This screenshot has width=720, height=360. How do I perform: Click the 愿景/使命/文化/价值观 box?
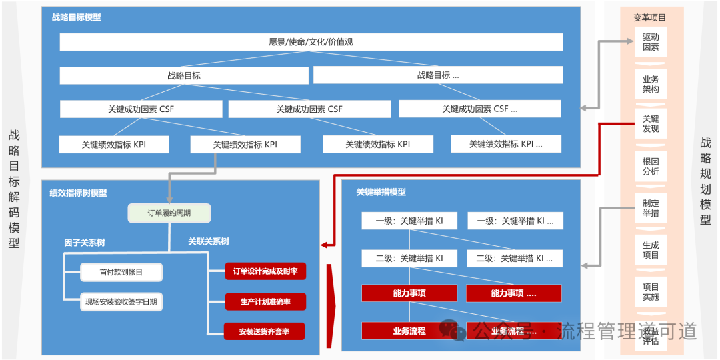click(311, 42)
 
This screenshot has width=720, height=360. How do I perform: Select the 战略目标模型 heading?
click(77, 17)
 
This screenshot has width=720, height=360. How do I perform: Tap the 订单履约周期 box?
click(169, 213)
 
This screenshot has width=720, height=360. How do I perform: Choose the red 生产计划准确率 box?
click(265, 301)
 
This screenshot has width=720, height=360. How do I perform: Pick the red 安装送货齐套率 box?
click(265, 331)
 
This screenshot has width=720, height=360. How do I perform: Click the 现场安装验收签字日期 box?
click(121, 302)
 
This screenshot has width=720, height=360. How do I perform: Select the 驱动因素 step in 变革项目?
click(651, 42)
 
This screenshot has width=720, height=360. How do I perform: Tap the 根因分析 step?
click(651, 166)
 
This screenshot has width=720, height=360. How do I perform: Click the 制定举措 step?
click(651, 208)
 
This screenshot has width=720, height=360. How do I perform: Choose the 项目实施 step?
click(651, 291)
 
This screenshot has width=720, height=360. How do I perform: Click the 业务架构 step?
click(651, 84)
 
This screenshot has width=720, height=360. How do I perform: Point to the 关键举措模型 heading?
click(381, 192)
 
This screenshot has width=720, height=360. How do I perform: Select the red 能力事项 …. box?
click(513, 293)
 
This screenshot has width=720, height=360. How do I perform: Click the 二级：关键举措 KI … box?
click(513, 258)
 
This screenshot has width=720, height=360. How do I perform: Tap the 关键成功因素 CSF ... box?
click(479, 109)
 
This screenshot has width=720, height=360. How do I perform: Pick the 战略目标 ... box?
click(438, 75)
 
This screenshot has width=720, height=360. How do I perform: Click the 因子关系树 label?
click(85, 242)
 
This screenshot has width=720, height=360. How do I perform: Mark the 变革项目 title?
click(649, 18)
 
